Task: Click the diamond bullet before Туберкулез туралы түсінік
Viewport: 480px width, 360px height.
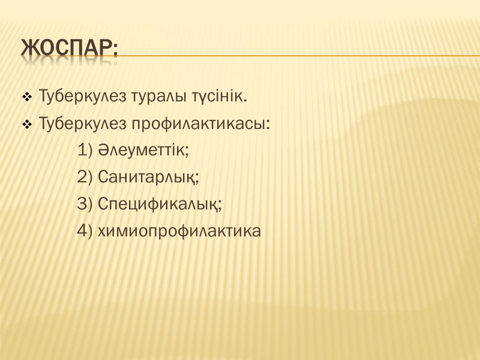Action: pos(27,97)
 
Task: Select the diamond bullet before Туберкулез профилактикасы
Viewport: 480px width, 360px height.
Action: pos(27,125)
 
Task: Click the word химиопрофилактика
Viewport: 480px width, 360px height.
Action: pos(178,232)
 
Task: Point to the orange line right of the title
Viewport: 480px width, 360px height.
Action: pos(300,56)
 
